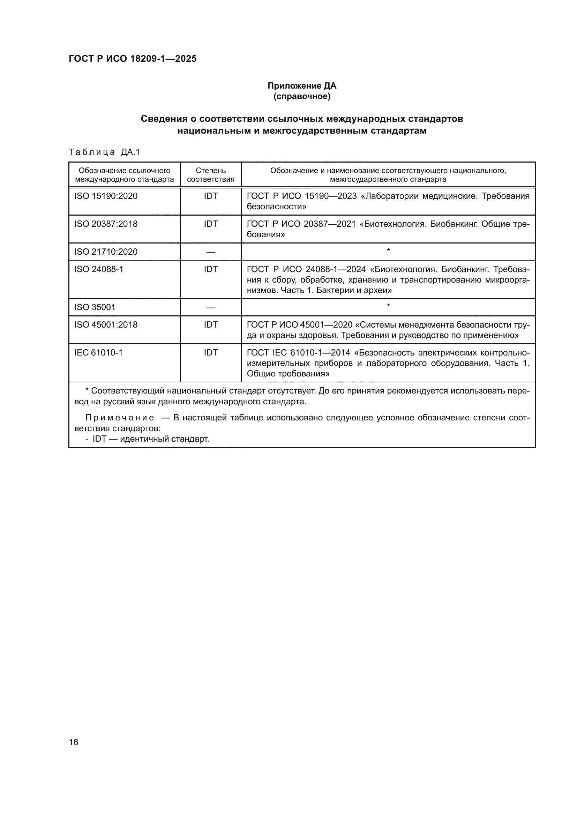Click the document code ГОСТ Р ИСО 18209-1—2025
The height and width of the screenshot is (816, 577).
coord(133,59)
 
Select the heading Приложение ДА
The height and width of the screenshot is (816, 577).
coord(302,86)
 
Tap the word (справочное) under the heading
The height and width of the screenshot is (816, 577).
coord(302,97)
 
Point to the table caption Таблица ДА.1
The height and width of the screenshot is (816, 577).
coord(104,152)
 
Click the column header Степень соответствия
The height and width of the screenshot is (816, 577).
coord(211,175)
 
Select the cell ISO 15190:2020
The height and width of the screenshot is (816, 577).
coord(106,196)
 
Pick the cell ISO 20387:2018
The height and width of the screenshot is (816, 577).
coord(106,224)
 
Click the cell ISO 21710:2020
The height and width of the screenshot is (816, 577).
coord(106,252)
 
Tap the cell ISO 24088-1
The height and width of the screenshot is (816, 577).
coord(99,269)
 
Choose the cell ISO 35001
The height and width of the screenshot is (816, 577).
coord(95,307)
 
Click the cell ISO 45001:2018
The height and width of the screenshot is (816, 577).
coord(106,325)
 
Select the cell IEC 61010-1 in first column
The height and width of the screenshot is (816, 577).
coord(98,353)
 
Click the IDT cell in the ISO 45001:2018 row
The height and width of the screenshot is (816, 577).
coord(211,325)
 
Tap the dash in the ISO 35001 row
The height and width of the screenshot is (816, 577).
coord(211,307)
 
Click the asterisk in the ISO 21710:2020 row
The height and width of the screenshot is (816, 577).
coord(388,251)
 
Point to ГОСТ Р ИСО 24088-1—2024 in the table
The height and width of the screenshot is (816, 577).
coord(306,269)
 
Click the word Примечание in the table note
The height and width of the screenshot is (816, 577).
coord(120,418)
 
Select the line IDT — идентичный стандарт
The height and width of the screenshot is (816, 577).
coord(148,439)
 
